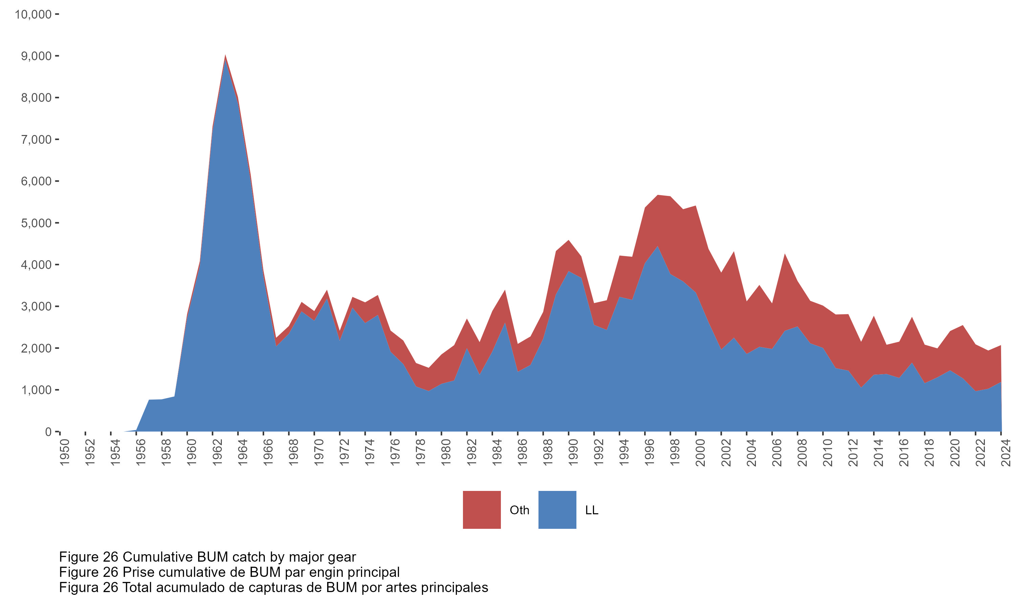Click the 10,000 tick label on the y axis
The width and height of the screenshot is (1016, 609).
point(33,15)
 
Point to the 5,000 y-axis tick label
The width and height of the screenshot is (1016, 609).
point(36,223)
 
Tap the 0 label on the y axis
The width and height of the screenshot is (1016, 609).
point(48,432)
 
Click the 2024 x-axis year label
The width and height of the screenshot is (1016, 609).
point(1006,453)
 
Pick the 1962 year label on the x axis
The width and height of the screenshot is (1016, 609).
point(217,453)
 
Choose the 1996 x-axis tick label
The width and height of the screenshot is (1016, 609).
point(650,453)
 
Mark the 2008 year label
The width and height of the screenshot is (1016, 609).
point(802,453)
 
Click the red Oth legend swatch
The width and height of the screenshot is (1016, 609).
point(481,510)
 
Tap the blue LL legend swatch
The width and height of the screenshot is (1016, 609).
point(557,510)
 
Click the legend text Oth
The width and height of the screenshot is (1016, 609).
point(519,510)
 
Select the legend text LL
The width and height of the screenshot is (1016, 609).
point(591,510)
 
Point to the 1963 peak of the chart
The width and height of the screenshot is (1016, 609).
point(226,55)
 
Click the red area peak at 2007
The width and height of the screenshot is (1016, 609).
point(785,255)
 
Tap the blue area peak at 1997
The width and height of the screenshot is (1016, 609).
point(657,247)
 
